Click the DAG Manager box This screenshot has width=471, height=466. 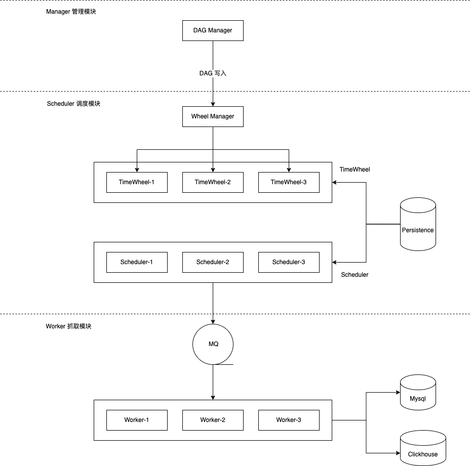(x=213, y=30)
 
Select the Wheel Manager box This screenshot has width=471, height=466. (x=213, y=116)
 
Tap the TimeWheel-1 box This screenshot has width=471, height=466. (x=137, y=182)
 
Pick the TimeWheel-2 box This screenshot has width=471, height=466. (x=213, y=182)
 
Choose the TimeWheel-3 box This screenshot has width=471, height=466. (x=289, y=182)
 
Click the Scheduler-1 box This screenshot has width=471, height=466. (x=137, y=262)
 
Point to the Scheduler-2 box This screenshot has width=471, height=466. (x=213, y=262)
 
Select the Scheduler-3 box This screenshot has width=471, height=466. (x=289, y=262)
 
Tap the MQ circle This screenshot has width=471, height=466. (x=213, y=344)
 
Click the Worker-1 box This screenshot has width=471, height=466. (x=137, y=420)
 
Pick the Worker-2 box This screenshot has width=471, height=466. (x=213, y=420)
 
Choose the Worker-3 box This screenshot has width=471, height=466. (x=289, y=420)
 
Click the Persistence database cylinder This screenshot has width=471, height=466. (x=418, y=225)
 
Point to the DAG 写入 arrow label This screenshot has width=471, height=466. (x=213, y=73)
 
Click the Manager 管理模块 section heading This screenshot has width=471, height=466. (x=71, y=11)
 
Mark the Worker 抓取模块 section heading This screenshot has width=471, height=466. (x=69, y=326)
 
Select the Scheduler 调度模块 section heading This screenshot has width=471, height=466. (x=73, y=104)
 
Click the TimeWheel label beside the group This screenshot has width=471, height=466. (x=355, y=170)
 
